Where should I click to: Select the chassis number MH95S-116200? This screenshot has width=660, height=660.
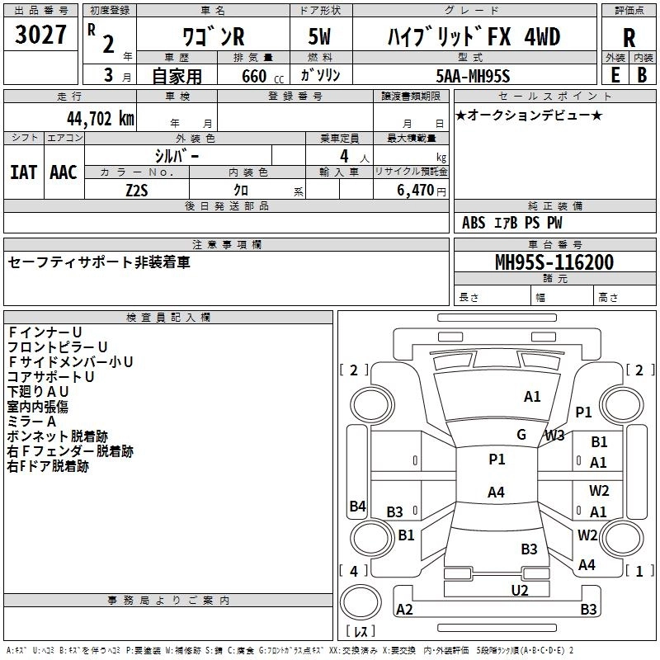coord(554,262)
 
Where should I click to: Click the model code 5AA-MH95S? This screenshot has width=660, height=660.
coord(474,75)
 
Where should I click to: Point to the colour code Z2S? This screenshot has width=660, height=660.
coord(136,189)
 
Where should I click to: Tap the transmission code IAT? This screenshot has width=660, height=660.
coord(24,172)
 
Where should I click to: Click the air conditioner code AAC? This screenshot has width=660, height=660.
coord(64,172)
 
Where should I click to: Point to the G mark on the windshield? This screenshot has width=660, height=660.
coord(521,435)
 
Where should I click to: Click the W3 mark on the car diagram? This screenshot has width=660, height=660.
coord(554,435)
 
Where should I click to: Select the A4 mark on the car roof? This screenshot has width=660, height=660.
coord(496,493)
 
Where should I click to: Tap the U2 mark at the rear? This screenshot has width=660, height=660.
coord(520,589)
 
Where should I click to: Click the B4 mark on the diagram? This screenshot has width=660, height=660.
coord(357,507)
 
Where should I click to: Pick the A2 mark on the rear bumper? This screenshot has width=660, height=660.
coord(404,610)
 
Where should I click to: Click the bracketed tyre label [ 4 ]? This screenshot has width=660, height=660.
coord(353,571)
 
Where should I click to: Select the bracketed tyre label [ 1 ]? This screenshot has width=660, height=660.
coord(634,571)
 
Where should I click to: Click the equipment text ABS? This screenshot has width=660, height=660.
coord(474,223)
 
